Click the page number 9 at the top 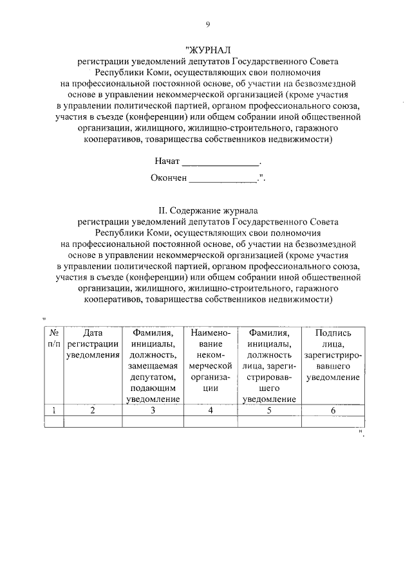(207, 24)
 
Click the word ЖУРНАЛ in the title (207, 49)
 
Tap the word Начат (167, 161)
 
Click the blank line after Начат (221, 162)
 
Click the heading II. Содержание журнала (207, 210)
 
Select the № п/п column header (55, 338)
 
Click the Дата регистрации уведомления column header (93, 344)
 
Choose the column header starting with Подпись (333, 355)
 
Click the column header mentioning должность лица (269, 365)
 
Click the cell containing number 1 (55, 410)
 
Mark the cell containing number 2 (93, 410)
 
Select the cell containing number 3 (153, 410)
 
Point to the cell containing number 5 (269, 410)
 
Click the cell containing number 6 (333, 410)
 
